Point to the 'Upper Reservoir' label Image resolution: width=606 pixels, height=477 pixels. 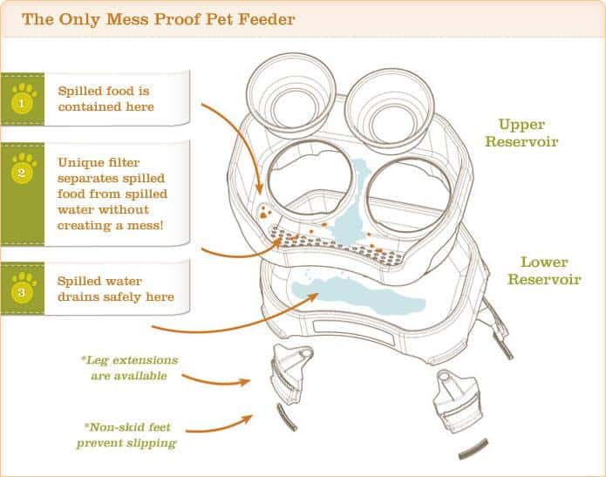528,132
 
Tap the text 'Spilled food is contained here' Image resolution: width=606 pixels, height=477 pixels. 106,98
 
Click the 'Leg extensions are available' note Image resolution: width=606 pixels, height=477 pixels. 129,367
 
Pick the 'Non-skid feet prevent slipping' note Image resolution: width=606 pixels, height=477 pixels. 130,433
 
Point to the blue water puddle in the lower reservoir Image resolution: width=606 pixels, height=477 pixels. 366,292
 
